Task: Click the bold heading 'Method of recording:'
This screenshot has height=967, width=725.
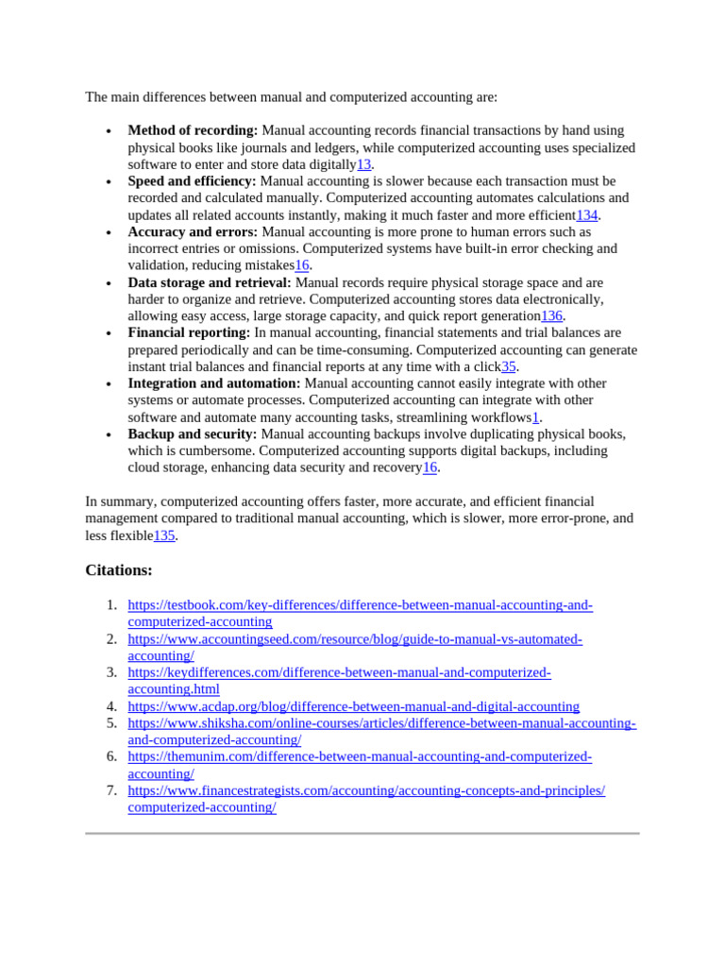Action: pyautogui.click(x=193, y=130)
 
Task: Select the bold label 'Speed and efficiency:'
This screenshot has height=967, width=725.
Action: pyautogui.click(x=192, y=181)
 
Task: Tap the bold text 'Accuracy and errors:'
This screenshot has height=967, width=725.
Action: pyautogui.click(x=193, y=232)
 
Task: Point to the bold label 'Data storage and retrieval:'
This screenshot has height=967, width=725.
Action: pyautogui.click(x=210, y=283)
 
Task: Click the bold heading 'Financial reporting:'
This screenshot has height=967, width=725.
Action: pyautogui.click(x=189, y=333)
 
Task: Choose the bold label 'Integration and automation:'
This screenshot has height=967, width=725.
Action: pyautogui.click(x=214, y=383)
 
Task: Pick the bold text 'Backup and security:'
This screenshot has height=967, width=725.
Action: pyautogui.click(x=193, y=434)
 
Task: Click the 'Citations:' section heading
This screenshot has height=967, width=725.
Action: pyautogui.click(x=119, y=570)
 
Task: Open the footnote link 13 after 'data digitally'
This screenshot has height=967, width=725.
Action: pyautogui.click(x=363, y=164)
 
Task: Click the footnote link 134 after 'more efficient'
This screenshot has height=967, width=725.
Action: pyautogui.click(x=587, y=215)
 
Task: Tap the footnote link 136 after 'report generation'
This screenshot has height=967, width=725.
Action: pyautogui.click(x=551, y=316)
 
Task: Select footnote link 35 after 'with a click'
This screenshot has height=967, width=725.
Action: pyautogui.click(x=509, y=366)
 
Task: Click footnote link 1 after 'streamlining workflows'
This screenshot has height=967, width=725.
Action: pyautogui.click(x=535, y=417)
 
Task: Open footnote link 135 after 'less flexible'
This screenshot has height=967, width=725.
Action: pyautogui.click(x=164, y=535)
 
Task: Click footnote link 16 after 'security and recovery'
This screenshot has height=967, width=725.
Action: pyautogui.click(x=430, y=467)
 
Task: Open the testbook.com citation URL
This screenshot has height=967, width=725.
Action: pyautogui.click(x=360, y=605)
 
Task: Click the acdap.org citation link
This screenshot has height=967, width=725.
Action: pyautogui.click(x=353, y=706)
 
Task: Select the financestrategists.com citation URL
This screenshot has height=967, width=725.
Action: pyautogui.click(x=366, y=790)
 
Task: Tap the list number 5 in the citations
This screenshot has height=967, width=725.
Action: pyautogui.click(x=111, y=723)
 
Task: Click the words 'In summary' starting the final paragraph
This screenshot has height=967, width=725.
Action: pyautogui.click(x=114, y=501)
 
